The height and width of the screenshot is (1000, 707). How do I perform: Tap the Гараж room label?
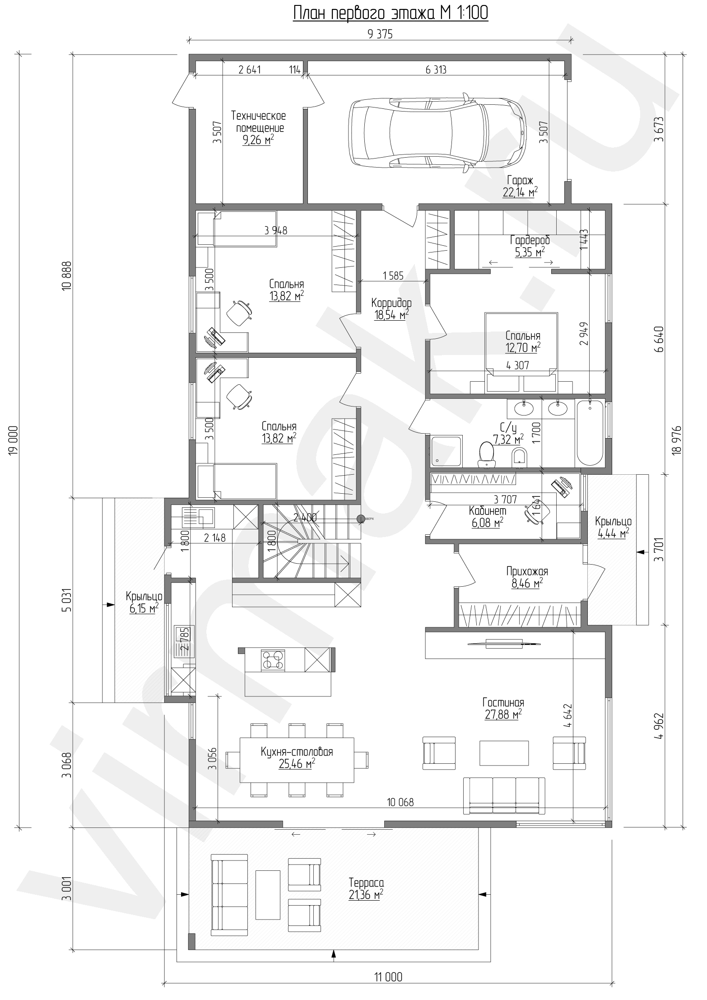(520, 179)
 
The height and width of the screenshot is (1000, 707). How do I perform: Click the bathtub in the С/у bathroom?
(590, 433)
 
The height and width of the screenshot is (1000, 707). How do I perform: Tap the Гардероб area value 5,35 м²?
(530, 252)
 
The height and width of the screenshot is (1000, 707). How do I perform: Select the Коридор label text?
(391, 303)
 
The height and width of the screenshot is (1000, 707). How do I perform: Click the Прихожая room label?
(527, 572)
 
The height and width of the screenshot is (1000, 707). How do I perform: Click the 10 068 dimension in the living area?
(400, 803)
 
